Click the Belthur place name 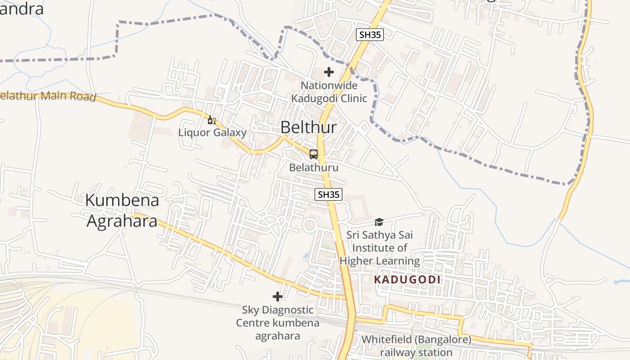pos(308,127)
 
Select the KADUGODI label pos(407,279)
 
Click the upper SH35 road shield pos(369,35)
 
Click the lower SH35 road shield pos(328,194)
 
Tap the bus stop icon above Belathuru pos(314,154)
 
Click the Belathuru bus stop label pos(314,167)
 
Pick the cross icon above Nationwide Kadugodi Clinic pos(329,72)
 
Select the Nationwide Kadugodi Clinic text pos(329,92)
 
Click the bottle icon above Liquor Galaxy pos(211,120)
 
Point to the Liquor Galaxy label pos(212,133)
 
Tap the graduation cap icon pos(379,222)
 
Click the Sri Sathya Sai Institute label pos(379,248)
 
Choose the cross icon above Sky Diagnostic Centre pos(278,297)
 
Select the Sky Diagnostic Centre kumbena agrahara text pos(278,323)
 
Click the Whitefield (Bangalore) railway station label pos(416,346)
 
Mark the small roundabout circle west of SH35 pos(309,225)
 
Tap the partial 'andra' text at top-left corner pos(22,9)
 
